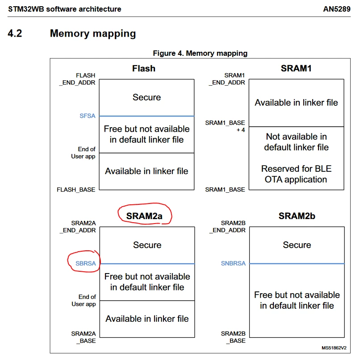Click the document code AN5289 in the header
click(x=336, y=9)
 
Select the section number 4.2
click(x=15, y=33)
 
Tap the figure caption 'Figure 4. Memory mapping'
click(x=200, y=53)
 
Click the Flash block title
click(x=143, y=68)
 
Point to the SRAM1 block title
click(x=296, y=68)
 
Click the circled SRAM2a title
click(x=144, y=216)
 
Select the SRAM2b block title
click(x=297, y=216)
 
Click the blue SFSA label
click(x=88, y=116)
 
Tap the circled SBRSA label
click(x=85, y=263)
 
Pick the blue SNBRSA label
click(x=233, y=263)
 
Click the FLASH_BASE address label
click(x=76, y=190)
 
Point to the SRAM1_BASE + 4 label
click(x=225, y=126)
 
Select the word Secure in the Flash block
click(x=147, y=97)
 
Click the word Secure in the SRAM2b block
click(x=297, y=245)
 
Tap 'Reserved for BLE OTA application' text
click(x=296, y=174)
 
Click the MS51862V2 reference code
click(x=334, y=348)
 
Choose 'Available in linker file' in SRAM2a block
click(x=147, y=319)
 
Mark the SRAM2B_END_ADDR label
click(x=227, y=227)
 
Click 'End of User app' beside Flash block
click(x=83, y=153)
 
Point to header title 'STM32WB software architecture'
click(x=64, y=9)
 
